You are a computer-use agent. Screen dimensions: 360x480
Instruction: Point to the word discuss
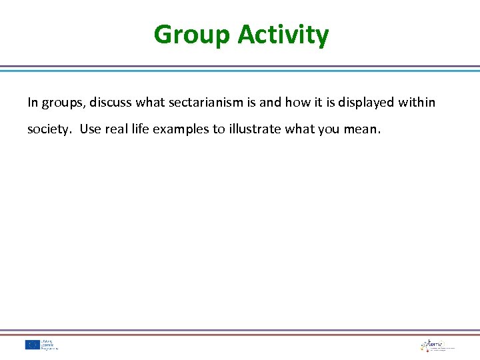pos(111,103)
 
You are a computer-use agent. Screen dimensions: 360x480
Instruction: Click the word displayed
pos(366,103)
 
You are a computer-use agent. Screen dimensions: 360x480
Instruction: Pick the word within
pos(417,103)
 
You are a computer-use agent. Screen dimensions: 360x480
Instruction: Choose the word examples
pos(181,129)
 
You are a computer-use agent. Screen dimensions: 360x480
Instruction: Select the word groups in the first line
pos(62,103)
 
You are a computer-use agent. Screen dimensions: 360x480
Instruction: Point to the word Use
pos(91,129)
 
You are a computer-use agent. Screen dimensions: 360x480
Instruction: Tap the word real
pos(117,129)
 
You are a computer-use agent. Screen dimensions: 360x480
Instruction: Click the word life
pos(141,129)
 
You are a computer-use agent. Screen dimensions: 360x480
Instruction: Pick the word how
pos(297,103)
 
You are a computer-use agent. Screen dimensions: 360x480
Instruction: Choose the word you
pos(329,129)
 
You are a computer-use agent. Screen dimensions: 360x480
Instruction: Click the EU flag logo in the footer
pos(33,345)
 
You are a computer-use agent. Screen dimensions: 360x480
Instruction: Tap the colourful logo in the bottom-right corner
pos(437,345)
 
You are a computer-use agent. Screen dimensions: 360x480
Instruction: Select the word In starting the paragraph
pos(33,103)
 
